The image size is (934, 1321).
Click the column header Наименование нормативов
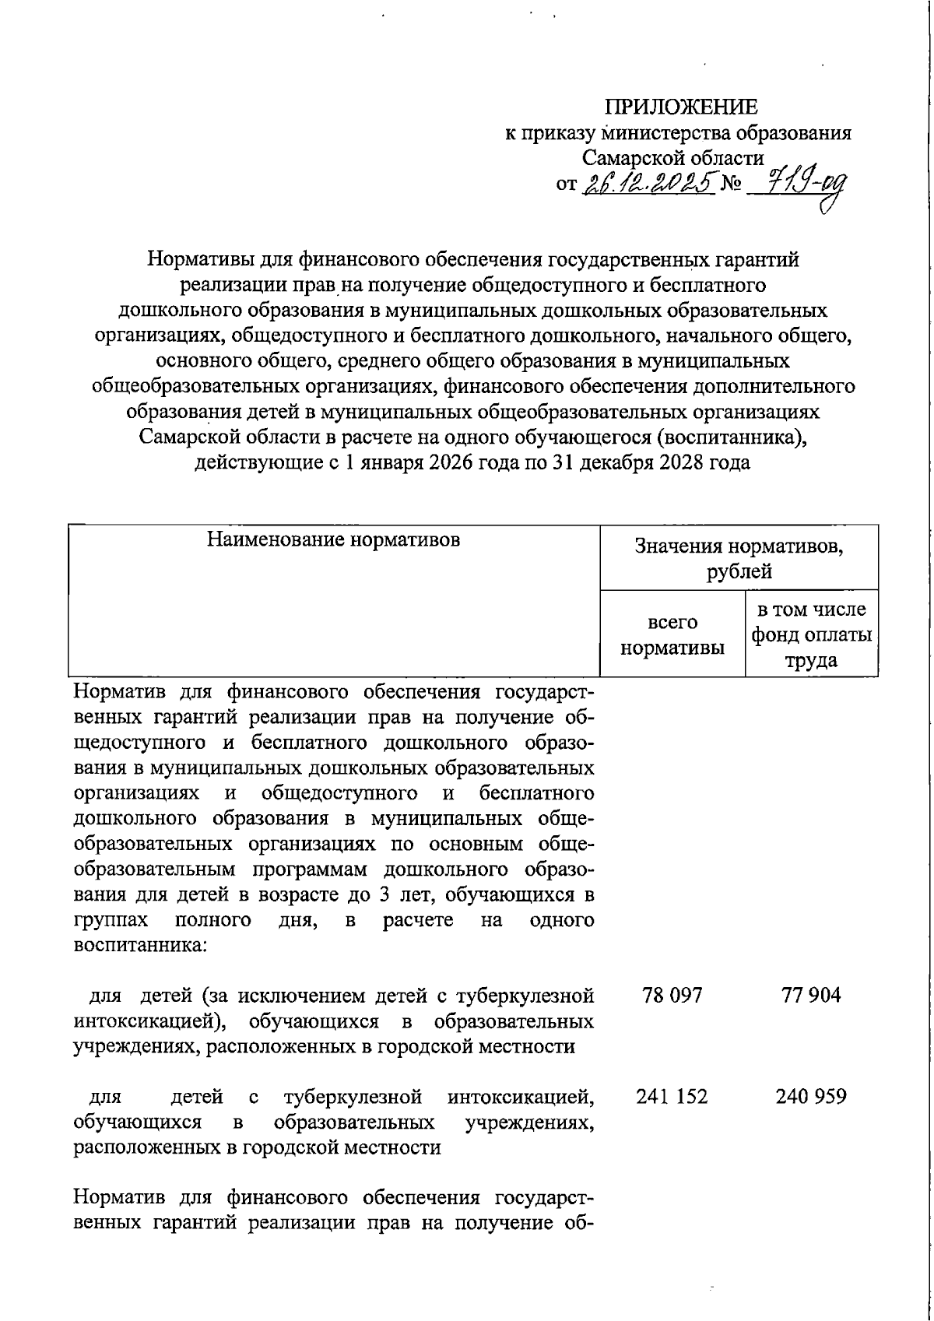click(x=333, y=539)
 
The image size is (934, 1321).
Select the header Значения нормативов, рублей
click(x=739, y=559)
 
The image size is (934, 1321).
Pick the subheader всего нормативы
click(x=672, y=635)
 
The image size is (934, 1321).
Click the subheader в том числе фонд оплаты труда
click(x=811, y=635)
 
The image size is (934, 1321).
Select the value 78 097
click(x=672, y=996)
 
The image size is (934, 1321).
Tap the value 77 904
click(x=811, y=996)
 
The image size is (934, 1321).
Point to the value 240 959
click(x=811, y=1097)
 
